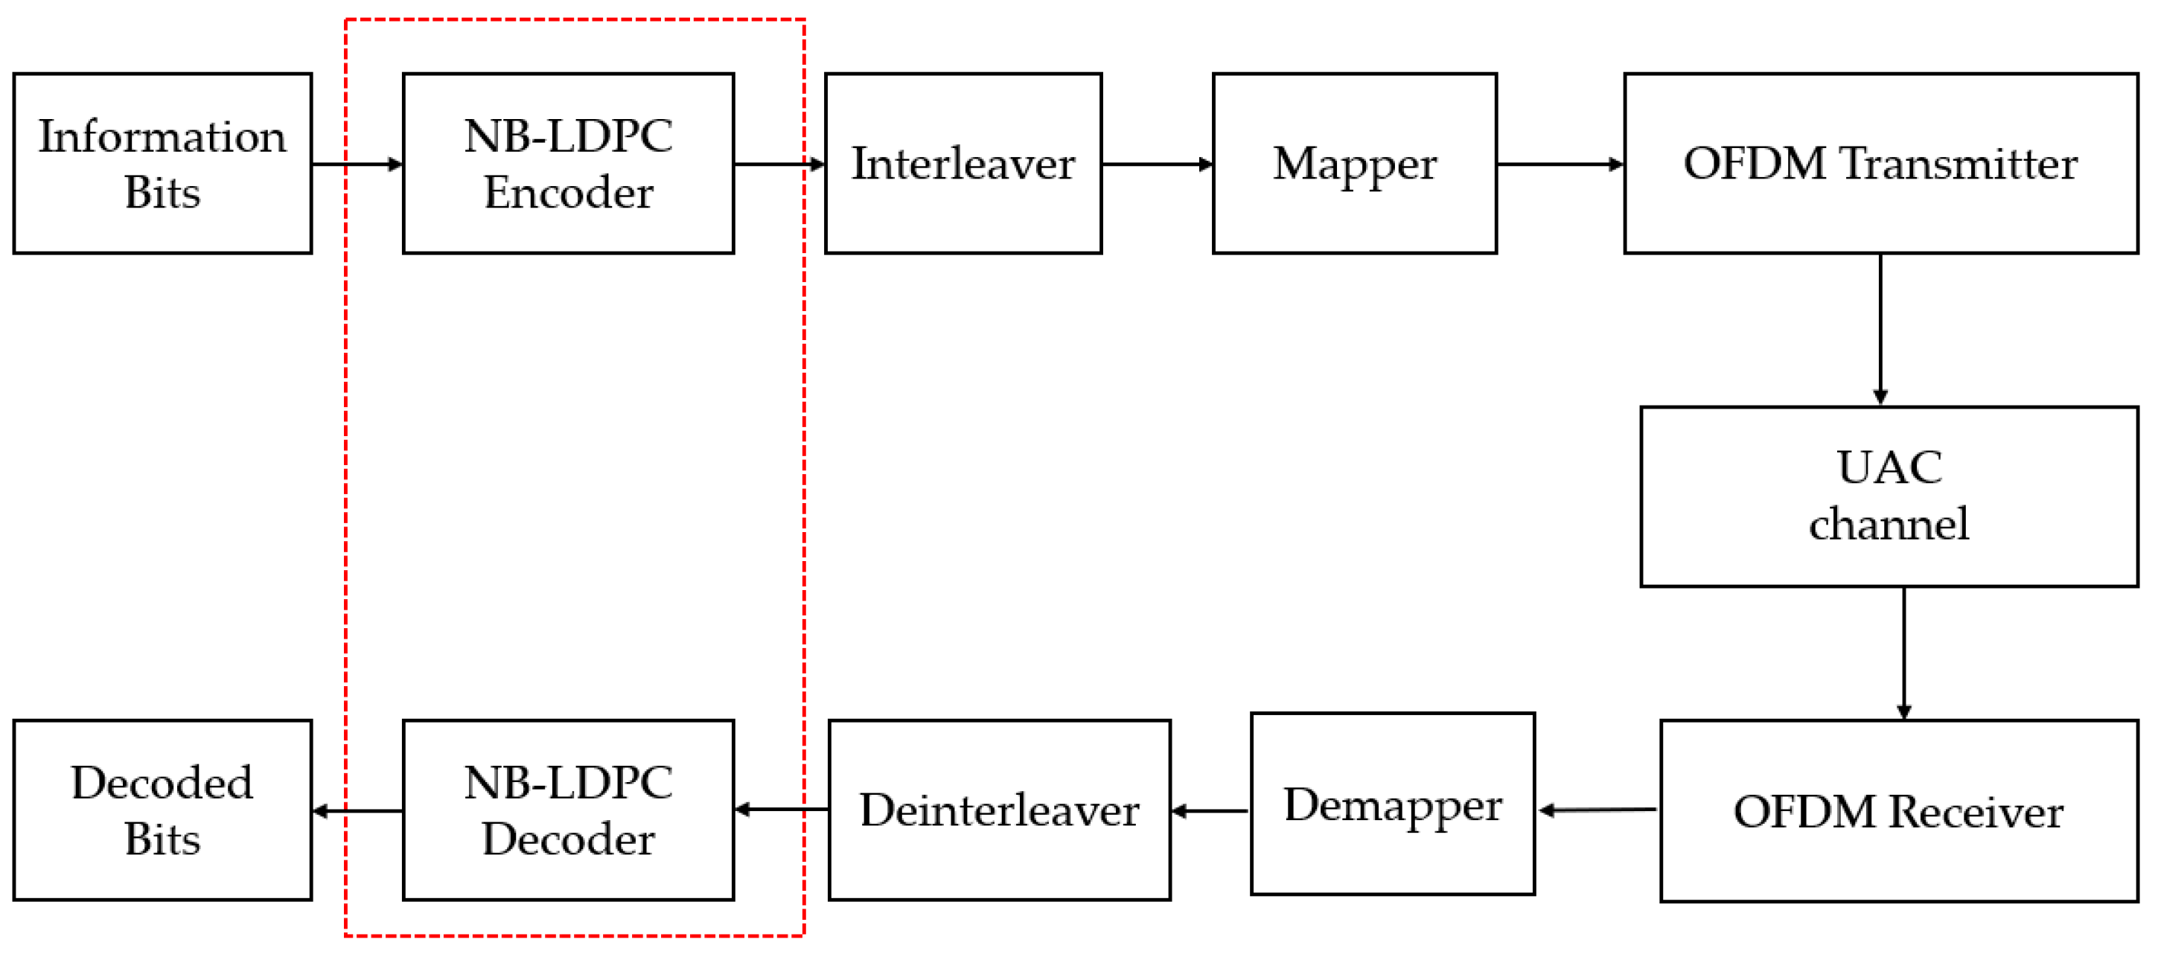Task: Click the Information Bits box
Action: coord(162,163)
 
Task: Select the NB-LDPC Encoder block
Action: coord(568,163)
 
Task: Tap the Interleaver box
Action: coord(963,163)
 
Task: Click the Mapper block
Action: coord(1354,163)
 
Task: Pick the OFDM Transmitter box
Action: coord(1880,163)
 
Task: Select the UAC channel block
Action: coord(1889,496)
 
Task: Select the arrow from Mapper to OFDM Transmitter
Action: coord(1559,164)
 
